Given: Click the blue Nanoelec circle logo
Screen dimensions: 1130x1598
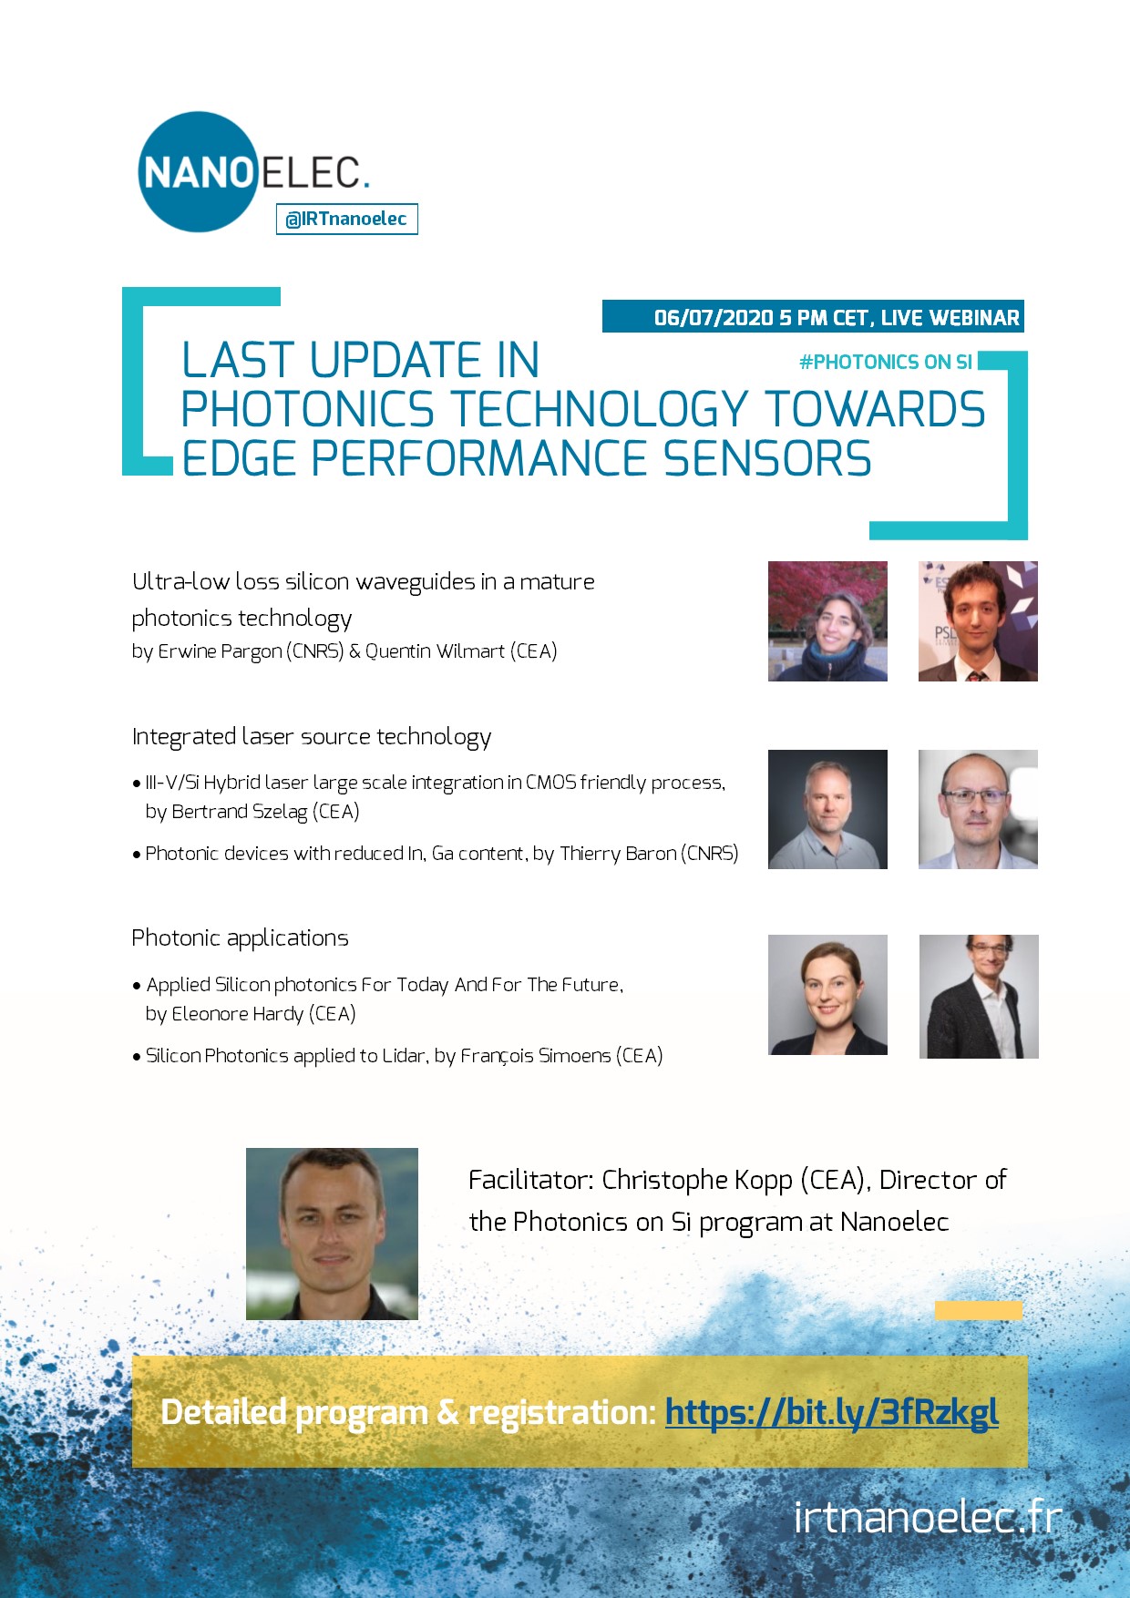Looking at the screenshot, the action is [198, 172].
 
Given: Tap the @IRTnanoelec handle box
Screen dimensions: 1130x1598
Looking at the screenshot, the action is [347, 219].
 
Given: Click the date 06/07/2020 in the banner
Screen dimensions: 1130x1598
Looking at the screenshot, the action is [714, 318].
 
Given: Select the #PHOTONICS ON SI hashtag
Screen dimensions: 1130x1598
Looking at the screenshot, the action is [886, 363].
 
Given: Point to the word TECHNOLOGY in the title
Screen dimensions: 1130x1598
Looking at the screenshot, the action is [601, 409].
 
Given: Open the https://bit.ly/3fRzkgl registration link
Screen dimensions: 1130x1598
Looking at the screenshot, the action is [832, 1412].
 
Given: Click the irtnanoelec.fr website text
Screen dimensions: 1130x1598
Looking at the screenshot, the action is [928, 1517].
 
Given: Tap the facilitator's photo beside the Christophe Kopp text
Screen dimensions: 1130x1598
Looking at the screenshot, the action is [332, 1234].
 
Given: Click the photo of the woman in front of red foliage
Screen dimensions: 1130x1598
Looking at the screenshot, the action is [827, 621].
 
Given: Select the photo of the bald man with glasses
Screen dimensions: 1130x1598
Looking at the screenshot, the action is [978, 809].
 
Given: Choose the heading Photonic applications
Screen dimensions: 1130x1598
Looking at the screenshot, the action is [240, 938].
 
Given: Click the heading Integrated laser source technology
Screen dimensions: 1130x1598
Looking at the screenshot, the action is [312, 737].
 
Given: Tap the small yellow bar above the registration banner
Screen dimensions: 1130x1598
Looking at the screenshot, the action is [979, 1311].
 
